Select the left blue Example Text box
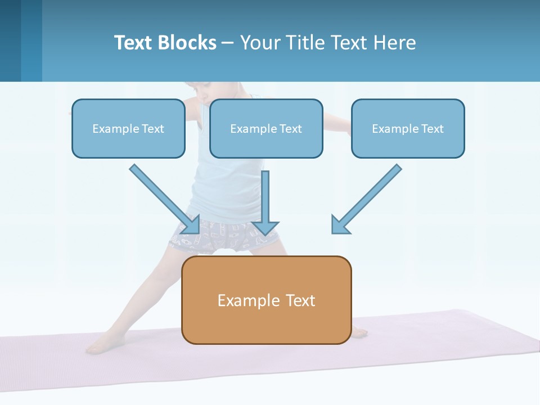tap(128, 128)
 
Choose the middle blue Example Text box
tap(266, 128)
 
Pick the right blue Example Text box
tap(408, 128)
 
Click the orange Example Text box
tap(266, 300)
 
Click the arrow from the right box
tap(368, 197)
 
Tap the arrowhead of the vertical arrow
tap(265, 227)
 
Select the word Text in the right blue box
tap(433, 129)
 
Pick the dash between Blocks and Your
tap(228, 43)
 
